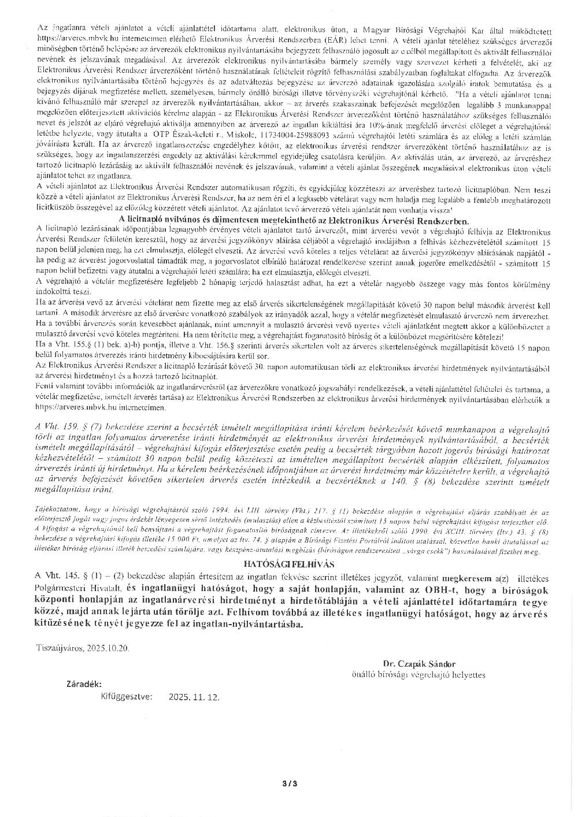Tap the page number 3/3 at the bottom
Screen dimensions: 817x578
[289, 783]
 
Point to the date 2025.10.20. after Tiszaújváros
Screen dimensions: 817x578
[107, 648]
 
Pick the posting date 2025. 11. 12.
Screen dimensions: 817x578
[194, 697]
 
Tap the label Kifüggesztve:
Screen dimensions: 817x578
[127, 696]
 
